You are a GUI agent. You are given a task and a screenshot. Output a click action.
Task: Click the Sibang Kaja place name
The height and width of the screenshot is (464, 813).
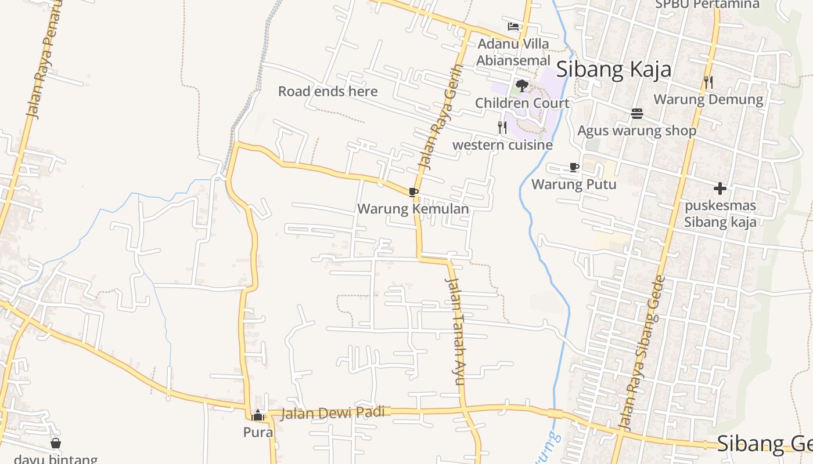614,70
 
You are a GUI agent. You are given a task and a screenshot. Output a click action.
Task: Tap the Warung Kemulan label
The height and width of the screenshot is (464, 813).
413,208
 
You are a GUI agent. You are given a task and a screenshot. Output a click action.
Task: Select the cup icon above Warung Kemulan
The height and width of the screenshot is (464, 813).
413,192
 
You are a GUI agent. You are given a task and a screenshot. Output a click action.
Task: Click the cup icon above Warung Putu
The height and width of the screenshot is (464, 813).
574,168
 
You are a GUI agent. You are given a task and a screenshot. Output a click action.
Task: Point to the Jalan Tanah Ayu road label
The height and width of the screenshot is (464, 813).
456,331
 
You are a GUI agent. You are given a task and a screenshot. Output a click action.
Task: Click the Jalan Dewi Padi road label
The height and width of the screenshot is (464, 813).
333,413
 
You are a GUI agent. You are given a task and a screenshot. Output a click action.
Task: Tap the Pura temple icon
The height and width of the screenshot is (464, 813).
258,415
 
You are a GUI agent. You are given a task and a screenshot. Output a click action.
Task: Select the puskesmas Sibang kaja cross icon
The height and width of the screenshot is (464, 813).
720,188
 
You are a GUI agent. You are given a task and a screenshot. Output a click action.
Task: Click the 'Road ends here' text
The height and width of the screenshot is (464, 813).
328,91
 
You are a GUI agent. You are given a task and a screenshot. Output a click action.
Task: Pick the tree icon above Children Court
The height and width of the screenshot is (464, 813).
521,86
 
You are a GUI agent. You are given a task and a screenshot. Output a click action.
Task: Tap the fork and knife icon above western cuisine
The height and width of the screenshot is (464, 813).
502,128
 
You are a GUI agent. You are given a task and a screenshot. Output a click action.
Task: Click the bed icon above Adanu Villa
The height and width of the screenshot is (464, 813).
513,27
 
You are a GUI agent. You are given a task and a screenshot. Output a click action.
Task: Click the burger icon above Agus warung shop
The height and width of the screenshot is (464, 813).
636,114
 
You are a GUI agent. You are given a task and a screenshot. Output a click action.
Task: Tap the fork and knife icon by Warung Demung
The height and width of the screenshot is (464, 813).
708,82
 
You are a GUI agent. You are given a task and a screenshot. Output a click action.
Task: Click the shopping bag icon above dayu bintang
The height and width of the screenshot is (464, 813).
56,444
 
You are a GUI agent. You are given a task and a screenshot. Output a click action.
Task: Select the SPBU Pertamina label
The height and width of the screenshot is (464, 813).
707,5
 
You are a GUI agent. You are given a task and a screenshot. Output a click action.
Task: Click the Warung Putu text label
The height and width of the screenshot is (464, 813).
574,184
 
